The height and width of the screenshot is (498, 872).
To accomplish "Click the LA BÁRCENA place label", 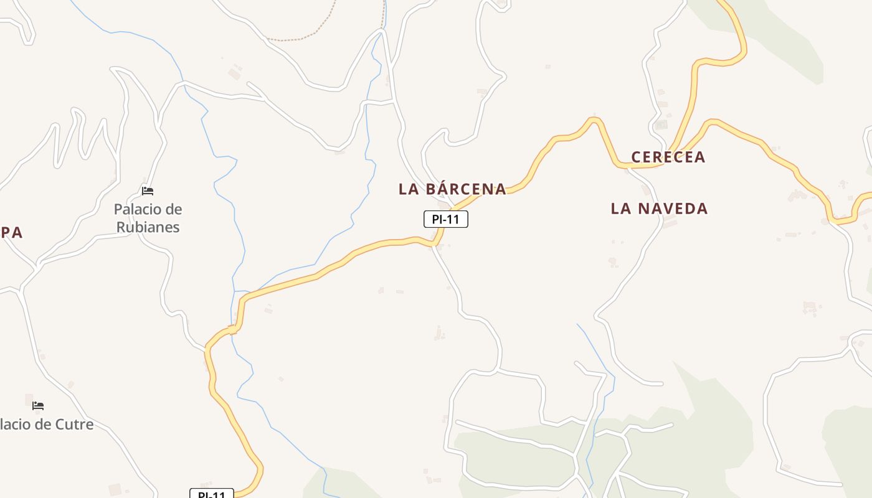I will coord(452,189).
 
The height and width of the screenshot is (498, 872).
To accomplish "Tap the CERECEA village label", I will coord(668,157).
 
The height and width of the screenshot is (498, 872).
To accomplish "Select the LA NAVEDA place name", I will coord(659,209).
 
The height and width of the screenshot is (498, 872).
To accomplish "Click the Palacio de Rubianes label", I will coord(148,218).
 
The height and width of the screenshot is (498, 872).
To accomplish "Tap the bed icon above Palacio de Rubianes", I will coord(148,190).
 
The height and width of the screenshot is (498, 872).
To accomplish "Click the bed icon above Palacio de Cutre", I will coord(38,405).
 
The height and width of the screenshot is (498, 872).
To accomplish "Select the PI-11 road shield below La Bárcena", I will coord(445,219).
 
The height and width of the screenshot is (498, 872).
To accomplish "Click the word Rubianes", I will coord(148,227).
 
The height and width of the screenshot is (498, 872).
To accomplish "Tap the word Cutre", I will coord(75,425).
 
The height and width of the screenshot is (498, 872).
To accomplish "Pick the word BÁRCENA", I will coord(467,189).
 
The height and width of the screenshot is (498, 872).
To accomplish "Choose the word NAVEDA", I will coord(672,209).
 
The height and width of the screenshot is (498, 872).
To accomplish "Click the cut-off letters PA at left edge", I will coord(11,233).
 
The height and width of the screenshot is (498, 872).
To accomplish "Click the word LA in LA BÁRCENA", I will coord(408,189).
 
